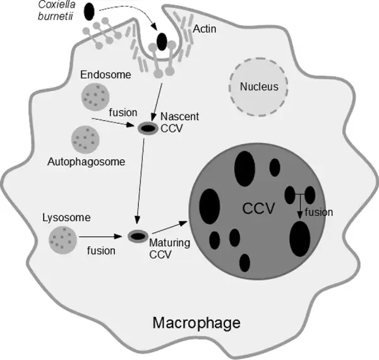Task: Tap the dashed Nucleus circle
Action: click(259, 87)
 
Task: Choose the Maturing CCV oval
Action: click(137, 236)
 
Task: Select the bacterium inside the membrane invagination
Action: click(162, 42)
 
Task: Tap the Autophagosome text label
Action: click(85, 162)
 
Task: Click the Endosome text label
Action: click(105, 75)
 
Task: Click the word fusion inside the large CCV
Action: click(318, 212)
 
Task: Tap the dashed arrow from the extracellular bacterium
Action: click(126, 9)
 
